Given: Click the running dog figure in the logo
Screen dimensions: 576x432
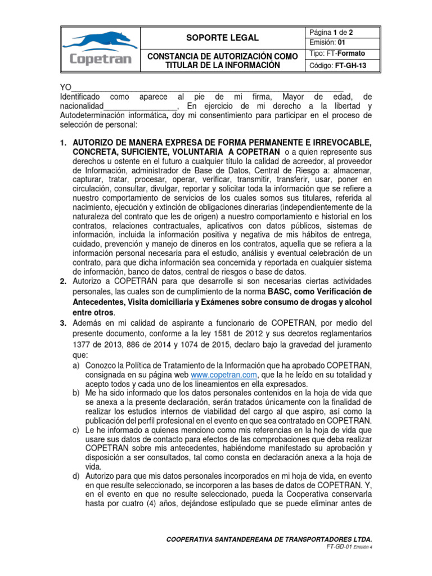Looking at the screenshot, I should coord(98,40).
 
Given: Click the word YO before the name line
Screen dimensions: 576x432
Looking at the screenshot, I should coord(66,87).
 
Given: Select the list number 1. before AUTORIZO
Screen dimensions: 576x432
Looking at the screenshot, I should coord(63,143).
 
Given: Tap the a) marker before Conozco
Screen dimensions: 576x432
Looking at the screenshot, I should coord(76,366).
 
